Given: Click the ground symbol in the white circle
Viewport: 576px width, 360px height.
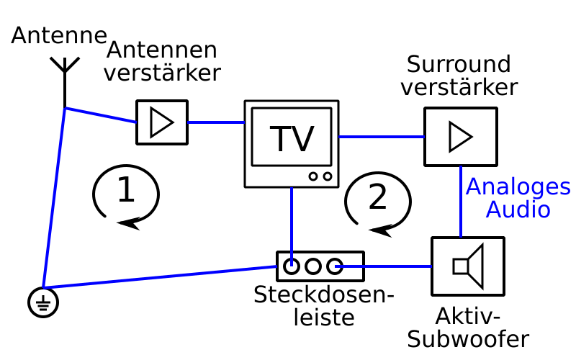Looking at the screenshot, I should coord(43,302).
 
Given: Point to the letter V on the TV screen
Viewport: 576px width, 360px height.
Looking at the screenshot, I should coord(303,140).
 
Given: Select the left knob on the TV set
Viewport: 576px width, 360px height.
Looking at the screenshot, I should coord(313,176).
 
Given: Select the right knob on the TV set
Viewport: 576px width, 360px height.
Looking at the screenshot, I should coord(328,176).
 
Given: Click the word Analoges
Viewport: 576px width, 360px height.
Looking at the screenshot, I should coord(518,187).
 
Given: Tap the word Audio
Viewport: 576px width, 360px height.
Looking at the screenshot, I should coord(518,210).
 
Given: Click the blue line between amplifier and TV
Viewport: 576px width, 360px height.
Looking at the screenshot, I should coord(215,122).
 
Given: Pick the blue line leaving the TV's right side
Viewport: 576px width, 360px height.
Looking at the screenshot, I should coord(381,137).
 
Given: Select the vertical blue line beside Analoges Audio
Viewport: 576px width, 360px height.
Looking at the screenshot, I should coord(461,202).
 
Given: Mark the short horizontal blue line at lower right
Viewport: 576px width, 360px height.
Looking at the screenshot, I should coord(383,266).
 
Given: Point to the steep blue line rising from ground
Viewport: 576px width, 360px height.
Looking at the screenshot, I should coord(54,198).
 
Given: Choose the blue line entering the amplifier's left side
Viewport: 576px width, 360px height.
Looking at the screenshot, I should coord(101,115).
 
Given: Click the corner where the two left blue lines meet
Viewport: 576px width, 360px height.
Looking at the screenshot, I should coord(66,109).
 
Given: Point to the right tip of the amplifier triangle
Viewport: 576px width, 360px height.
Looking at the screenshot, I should coord(173,122).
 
